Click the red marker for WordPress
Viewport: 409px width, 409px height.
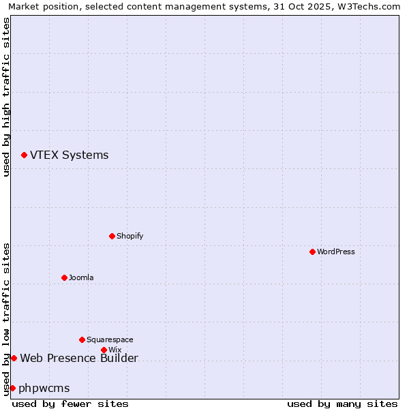(312, 252)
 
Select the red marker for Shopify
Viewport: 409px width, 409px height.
(112, 236)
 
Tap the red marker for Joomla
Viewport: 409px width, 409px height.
(64, 277)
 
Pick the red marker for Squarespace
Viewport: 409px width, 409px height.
(82, 339)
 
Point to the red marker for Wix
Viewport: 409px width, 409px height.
(104, 350)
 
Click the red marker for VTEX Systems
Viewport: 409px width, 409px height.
(24, 155)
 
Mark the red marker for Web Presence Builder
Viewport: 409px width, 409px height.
(14, 358)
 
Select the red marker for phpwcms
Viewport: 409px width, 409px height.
(12, 388)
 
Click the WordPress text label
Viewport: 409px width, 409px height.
(336, 252)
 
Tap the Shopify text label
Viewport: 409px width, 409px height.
(130, 236)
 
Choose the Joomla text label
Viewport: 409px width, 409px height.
(81, 277)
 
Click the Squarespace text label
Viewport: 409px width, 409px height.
(110, 339)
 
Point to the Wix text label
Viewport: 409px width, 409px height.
(115, 350)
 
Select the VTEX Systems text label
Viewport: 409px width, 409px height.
(69, 155)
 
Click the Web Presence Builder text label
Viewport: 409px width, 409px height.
(79, 358)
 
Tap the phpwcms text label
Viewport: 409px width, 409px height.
(44, 388)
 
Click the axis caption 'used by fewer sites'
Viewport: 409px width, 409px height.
(70, 404)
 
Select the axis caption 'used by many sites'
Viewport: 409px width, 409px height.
(342, 404)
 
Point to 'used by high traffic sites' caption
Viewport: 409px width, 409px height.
(6, 97)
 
